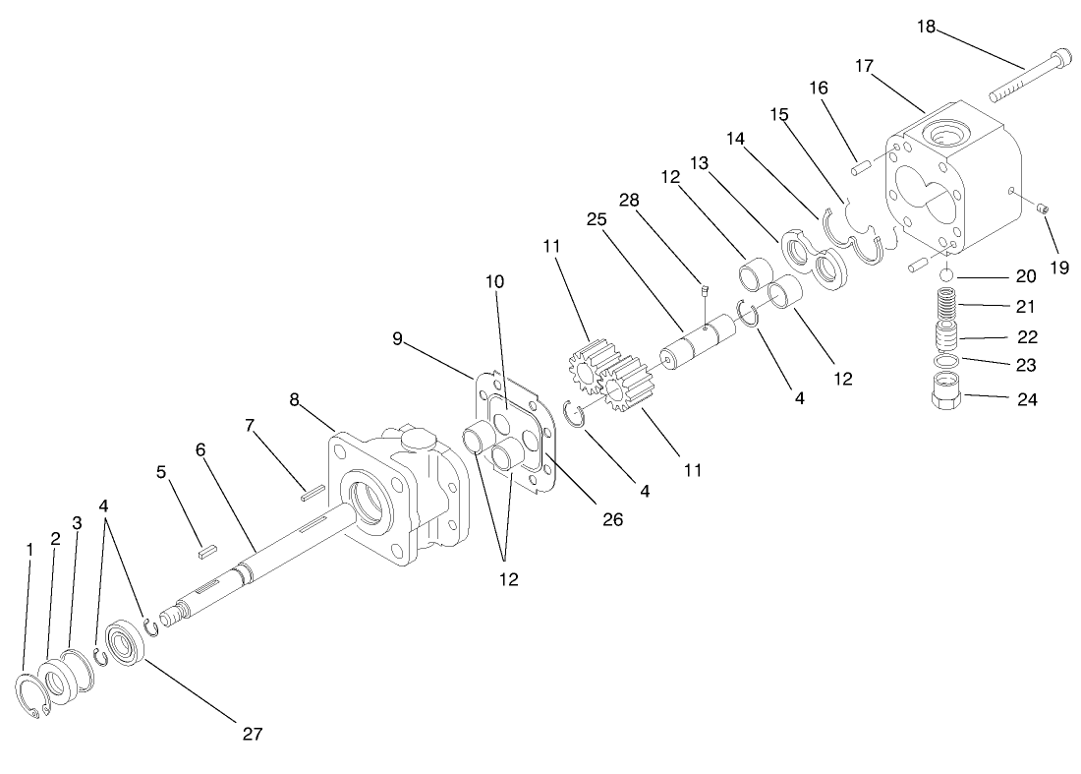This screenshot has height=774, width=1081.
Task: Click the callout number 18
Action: [926, 27]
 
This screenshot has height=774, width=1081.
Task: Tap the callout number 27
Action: [254, 733]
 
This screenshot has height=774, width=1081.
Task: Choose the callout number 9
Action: [397, 338]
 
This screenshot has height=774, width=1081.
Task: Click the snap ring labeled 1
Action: [35, 698]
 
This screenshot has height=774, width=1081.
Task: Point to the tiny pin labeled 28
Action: [704, 290]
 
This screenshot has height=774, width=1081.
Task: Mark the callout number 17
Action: [864, 67]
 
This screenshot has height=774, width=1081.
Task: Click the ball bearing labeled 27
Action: [128, 644]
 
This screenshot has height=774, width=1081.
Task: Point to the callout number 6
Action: [200, 449]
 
